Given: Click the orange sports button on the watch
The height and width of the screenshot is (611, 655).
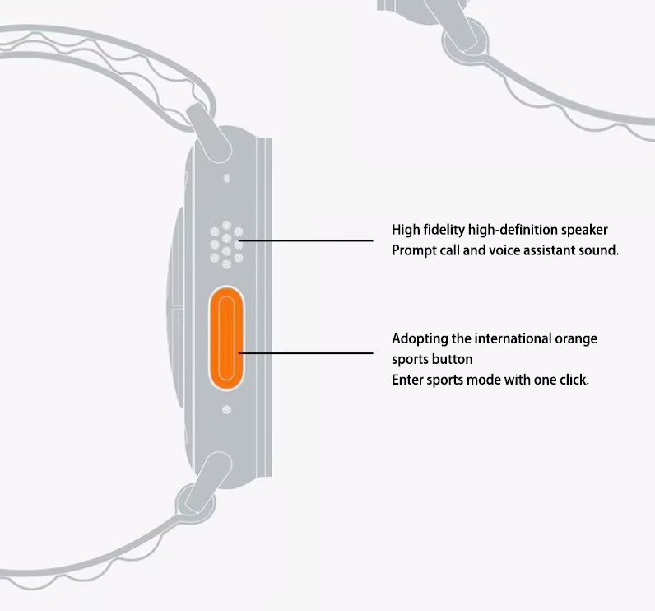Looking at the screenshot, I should point(225,337).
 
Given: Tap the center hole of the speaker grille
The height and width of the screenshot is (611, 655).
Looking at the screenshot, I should point(225,244).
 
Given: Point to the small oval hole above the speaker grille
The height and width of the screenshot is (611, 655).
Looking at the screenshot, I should point(226,177).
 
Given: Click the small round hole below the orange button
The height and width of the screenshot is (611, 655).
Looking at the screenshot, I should point(226,408).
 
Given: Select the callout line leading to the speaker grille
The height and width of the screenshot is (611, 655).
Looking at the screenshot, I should point(309,241).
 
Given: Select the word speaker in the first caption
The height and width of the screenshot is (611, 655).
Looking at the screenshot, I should point(585,230).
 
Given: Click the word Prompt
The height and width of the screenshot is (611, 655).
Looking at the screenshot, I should point(414,250).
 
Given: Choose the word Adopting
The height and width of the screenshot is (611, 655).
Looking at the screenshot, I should point(419,338).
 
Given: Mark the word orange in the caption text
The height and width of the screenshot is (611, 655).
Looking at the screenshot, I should point(577,338).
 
